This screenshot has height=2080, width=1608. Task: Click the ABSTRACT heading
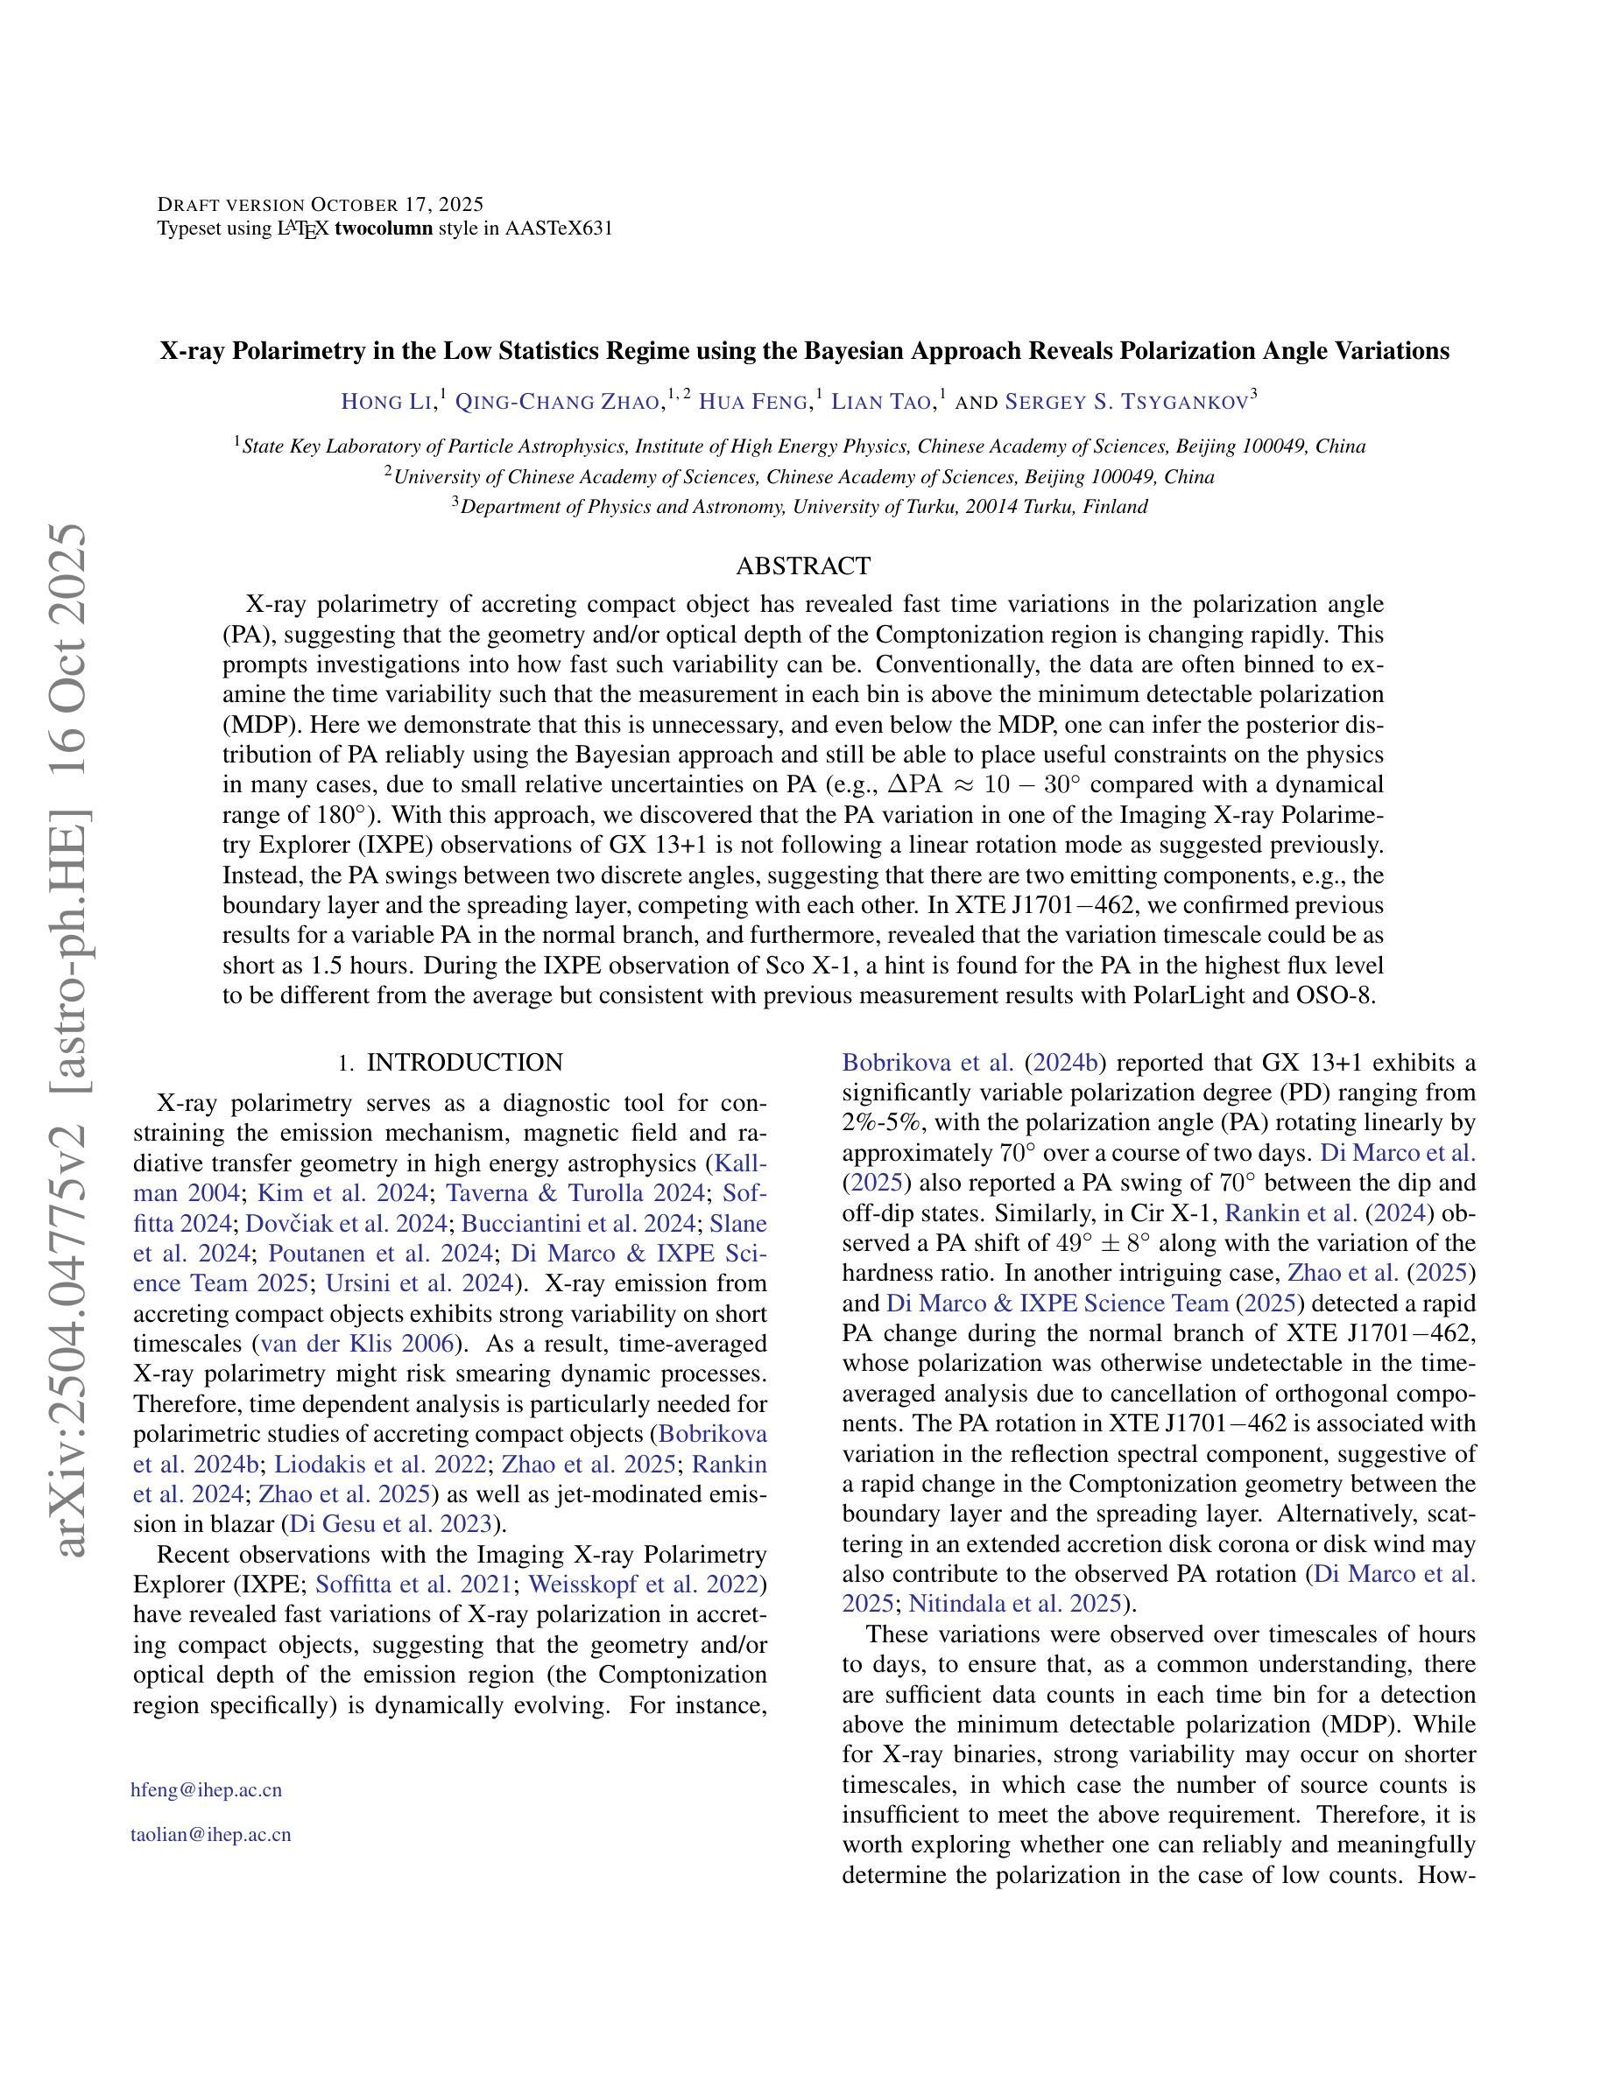click(803, 566)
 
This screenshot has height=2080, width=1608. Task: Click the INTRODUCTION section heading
click(464, 1062)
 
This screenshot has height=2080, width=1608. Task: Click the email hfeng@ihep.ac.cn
click(207, 1789)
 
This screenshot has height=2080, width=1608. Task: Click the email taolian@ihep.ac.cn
click(210, 1834)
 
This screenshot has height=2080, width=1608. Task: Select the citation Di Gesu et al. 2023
click(391, 1524)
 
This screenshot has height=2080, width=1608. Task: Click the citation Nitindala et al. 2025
click(1014, 1604)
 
